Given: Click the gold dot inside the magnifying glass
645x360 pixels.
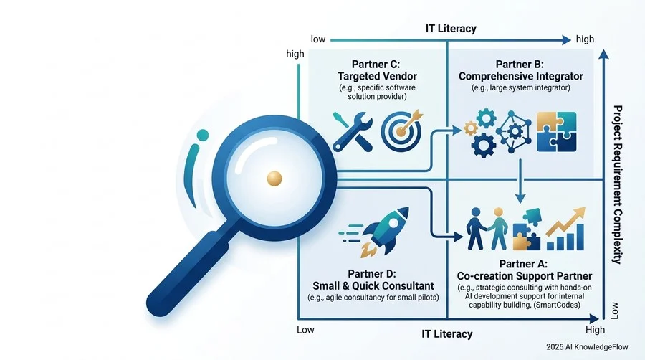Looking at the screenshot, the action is tap(274, 179).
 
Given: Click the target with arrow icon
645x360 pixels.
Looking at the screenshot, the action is tap(401, 130).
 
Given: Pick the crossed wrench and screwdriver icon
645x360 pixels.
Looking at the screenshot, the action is tap(353, 131).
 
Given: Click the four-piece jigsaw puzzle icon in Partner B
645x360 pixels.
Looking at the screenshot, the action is tap(557, 132).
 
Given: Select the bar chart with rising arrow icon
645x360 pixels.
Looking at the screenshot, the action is tap(565, 229).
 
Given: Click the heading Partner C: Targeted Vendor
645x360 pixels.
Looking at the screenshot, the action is tap(377, 70).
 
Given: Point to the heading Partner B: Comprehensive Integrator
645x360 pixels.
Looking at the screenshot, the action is tap(521, 70).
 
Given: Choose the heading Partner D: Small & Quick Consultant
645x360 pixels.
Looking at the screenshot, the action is tap(373, 280).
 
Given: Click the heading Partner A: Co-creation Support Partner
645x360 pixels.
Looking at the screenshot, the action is tap(525, 270).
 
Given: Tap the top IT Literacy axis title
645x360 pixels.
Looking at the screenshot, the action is tap(451, 29).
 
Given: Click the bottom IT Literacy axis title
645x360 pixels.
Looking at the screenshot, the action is tap(446, 333).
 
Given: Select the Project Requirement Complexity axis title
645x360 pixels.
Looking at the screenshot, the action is tap(617, 184).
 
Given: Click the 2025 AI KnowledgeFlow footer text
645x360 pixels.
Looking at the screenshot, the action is tap(587, 347).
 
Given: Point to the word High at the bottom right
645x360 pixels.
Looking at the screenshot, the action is tap(595, 330).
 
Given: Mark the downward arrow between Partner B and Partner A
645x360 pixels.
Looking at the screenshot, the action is tap(520, 181).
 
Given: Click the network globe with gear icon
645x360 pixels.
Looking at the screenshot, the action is tap(513, 132).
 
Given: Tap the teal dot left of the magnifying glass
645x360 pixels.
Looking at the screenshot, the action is tap(202, 135).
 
